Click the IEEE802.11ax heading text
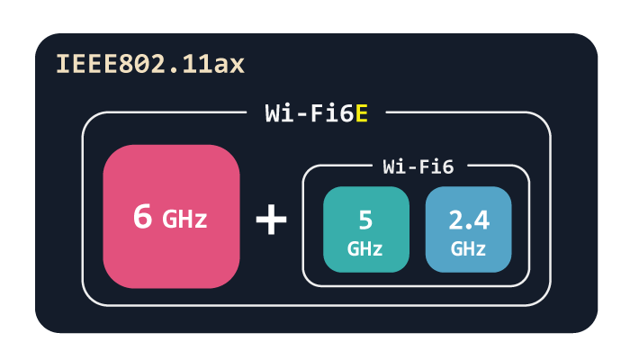pyautogui.click(x=150, y=65)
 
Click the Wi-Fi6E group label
pyautogui.click(x=317, y=113)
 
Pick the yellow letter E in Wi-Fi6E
pyautogui.click(x=362, y=113)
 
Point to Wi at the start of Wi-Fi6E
pyautogui.click(x=277, y=113)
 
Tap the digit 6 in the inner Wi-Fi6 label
pyautogui.click(x=447, y=166)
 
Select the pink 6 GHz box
pyautogui.click(x=171, y=217)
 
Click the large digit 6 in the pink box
pyautogui.click(x=142, y=217)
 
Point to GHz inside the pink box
pyautogui.click(x=184, y=219)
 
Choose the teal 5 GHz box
pyautogui.click(x=365, y=229)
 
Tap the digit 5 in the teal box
pyautogui.click(x=365, y=219)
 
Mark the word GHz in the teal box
pyautogui.click(x=365, y=248)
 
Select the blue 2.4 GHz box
pyautogui.click(x=469, y=229)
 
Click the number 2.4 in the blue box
pyautogui.click(x=469, y=219)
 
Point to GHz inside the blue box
pyautogui.click(x=469, y=248)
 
